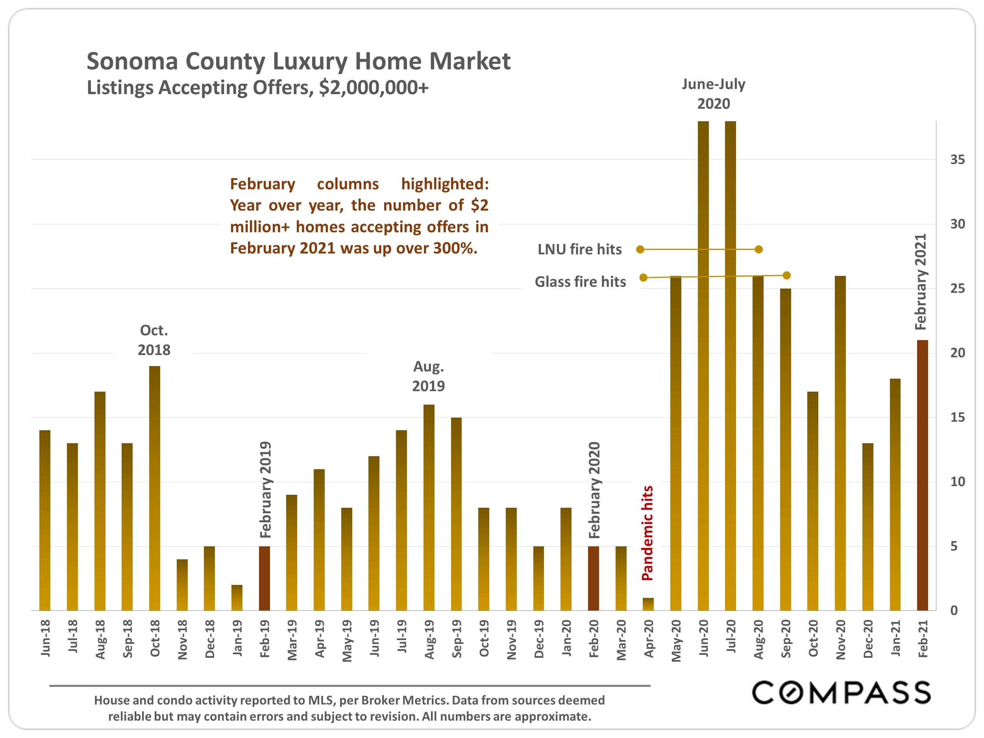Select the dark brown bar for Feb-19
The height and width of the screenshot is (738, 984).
click(264, 578)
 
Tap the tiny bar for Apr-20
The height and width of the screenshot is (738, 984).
click(648, 604)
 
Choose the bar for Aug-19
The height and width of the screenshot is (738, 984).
click(429, 507)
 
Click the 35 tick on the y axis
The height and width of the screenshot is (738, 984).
click(957, 160)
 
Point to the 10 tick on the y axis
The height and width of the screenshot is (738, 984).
click(957, 482)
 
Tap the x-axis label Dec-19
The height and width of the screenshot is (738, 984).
click(539, 639)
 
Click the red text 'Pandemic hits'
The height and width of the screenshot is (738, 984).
click(647, 533)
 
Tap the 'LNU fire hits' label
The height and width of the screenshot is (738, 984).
click(579, 250)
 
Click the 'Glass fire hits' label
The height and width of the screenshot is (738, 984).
click(580, 281)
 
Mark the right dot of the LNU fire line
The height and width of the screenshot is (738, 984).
click(759, 250)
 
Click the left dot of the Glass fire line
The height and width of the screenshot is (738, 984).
click(643, 277)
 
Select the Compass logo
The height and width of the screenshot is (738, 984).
click(841, 693)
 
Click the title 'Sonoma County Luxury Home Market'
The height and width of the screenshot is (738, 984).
click(298, 61)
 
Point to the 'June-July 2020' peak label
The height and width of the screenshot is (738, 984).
click(714, 94)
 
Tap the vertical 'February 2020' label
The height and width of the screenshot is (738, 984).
click(594, 490)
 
